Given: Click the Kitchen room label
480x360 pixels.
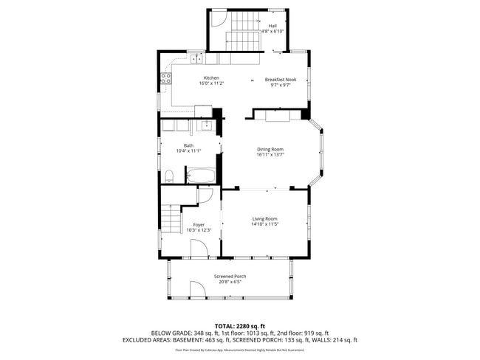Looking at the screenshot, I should point(211,78).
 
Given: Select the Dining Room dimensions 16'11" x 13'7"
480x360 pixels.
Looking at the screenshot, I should point(270,154).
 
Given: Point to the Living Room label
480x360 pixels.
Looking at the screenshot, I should point(264,218).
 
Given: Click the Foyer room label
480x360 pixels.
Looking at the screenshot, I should point(199,224).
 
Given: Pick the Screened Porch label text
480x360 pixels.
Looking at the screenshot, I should point(230,277).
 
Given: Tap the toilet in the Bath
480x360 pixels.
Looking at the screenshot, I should point(169,175).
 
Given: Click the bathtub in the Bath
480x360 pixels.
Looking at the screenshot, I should point(200,176).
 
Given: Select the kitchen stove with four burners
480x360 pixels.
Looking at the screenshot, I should point(167,77).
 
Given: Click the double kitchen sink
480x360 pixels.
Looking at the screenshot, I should point(196,58).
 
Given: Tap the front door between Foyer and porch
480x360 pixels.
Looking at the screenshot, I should point(200,248).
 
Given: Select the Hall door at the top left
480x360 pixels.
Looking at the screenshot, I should point(216,21).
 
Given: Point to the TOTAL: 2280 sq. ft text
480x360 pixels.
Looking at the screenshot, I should point(239,325).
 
